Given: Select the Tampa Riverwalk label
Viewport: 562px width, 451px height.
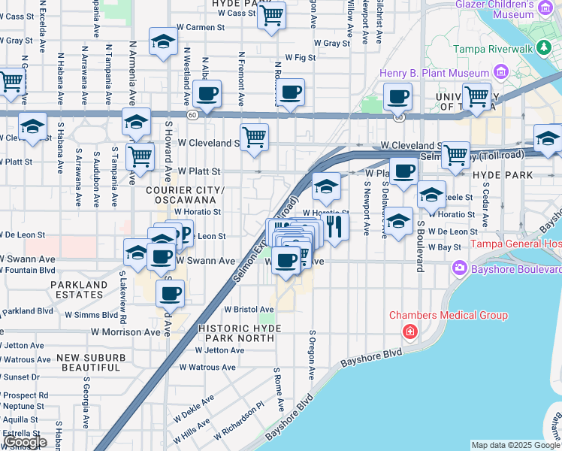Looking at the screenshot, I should click(493, 49).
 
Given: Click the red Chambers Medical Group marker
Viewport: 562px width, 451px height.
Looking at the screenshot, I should click(410, 331).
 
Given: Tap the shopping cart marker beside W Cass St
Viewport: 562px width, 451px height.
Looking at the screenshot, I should click(271, 15).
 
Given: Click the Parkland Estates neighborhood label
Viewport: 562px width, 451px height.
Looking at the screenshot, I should click(79, 290).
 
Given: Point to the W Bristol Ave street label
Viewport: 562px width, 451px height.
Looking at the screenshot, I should click(249, 310).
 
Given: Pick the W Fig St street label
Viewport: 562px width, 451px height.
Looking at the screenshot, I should click(301, 57).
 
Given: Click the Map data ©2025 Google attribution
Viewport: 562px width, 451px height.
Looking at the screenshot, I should click(515, 445).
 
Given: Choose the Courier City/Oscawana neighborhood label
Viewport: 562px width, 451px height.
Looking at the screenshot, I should click(184, 195).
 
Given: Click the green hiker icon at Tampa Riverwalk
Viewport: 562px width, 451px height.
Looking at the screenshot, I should click(544, 49).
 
